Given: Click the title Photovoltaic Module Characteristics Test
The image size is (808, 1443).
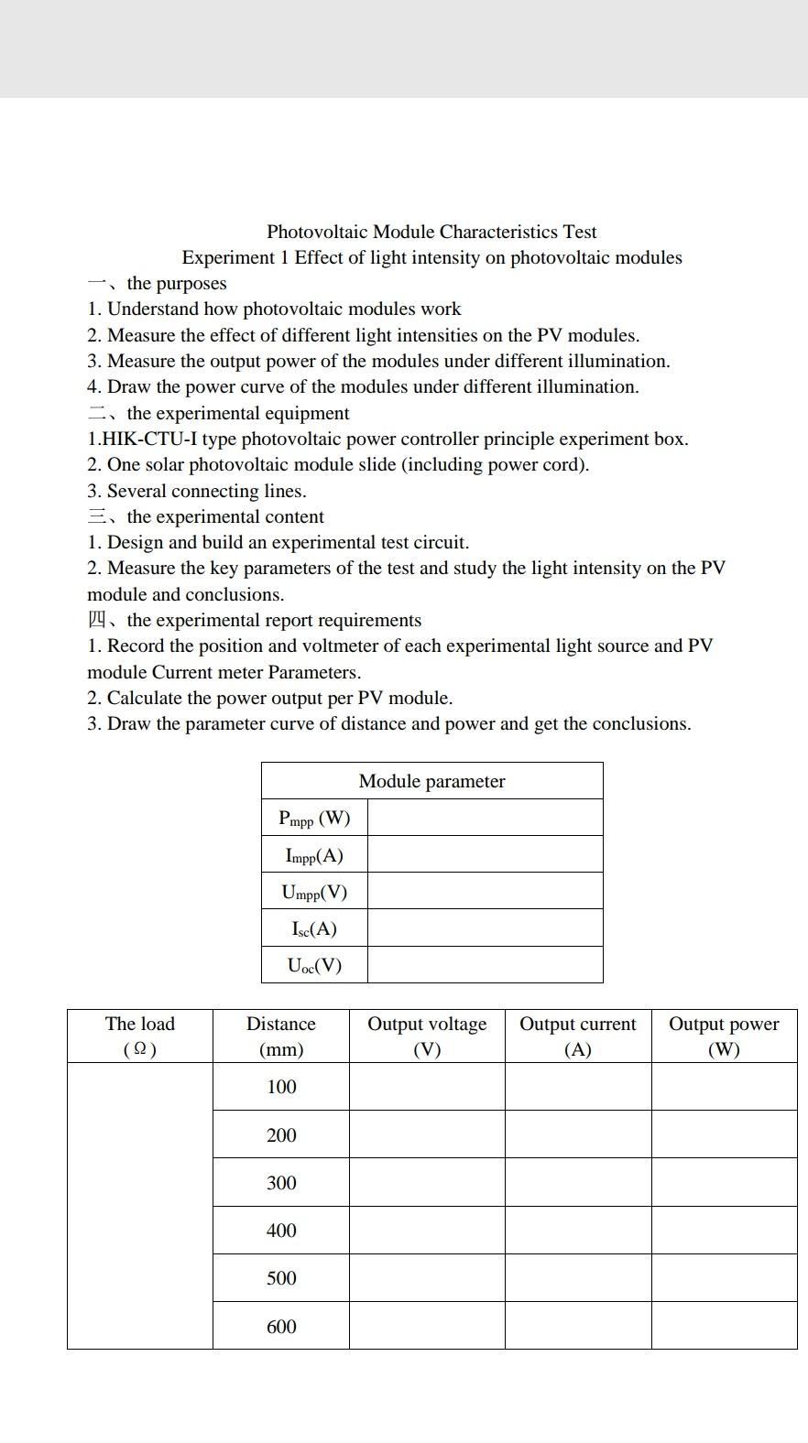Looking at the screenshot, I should coord(431,232).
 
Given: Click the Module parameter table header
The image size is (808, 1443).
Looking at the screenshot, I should coord(431,781).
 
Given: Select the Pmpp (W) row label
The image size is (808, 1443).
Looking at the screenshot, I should coord(314,818).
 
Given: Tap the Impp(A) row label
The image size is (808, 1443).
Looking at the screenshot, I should coord(314,855).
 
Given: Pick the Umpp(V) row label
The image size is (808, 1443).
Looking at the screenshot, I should coord(314,892).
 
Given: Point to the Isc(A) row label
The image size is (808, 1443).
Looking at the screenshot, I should coord(314,928).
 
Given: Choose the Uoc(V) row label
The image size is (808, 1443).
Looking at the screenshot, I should coord(314,965).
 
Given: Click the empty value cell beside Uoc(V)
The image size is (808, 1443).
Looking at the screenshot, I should coord(485,965).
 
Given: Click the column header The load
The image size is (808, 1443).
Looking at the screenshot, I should coord(139,1036).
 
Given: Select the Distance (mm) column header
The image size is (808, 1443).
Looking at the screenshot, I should coord(280,1036).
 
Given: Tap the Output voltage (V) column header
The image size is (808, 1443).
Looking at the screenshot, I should coord(427,1036).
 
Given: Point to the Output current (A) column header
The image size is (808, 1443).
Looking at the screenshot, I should coord(577,1036).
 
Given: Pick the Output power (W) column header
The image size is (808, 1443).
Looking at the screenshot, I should coord(724,1036).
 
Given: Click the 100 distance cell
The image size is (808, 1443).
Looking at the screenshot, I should coord(281,1087).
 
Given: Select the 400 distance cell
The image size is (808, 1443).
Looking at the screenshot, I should coord(281,1231).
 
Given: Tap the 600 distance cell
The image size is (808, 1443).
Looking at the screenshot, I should coord(281,1326).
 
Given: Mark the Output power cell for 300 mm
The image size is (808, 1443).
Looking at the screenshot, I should coord(724,1182).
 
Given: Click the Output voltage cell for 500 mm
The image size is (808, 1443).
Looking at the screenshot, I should coord(427,1278).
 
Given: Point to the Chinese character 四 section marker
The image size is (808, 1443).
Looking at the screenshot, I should coord(97,620).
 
